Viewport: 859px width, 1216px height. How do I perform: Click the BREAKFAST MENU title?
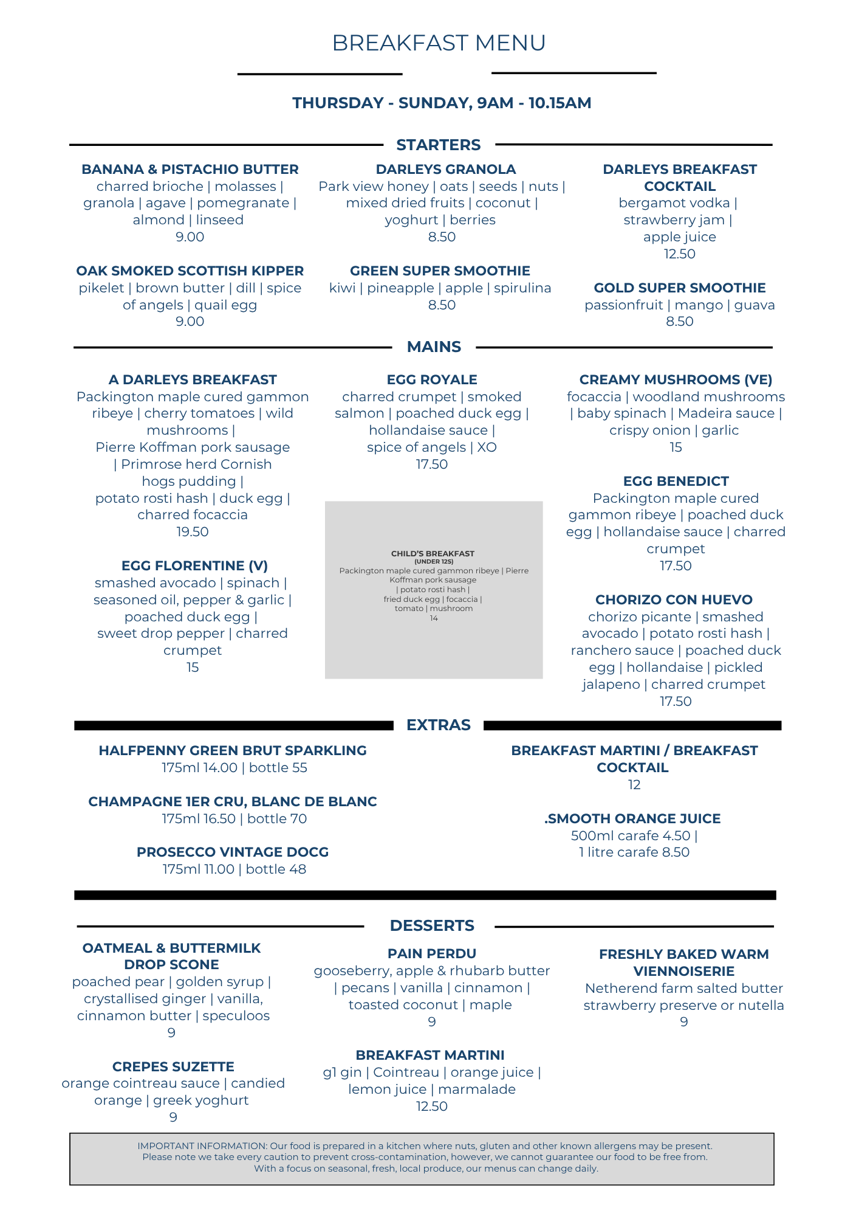pyautogui.click(x=438, y=43)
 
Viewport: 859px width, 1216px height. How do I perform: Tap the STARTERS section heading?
pyautogui.click(x=438, y=145)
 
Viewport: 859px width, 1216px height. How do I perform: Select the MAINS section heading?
pyautogui.click(x=434, y=347)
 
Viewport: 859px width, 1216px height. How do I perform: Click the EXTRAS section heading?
pyautogui.click(x=438, y=725)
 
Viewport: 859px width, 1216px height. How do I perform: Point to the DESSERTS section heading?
pyautogui.click(x=432, y=925)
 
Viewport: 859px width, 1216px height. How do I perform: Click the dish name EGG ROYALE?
pyautogui.click(x=432, y=379)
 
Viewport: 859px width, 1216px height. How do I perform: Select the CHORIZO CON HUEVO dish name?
pyautogui.click(x=674, y=599)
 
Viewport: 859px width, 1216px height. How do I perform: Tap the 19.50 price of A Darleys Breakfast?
pyautogui.click(x=193, y=531)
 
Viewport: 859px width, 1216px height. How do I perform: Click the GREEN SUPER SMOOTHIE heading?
pyautogui.click(x=440, y=271)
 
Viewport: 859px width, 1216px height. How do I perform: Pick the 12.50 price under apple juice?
pyautogui.click(x=679, y=254)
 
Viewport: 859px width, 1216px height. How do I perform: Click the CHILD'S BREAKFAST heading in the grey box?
pyautogui.click(x=433, y=553)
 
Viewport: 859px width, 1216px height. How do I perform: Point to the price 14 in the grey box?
pyautogui.click(x=434, y=618)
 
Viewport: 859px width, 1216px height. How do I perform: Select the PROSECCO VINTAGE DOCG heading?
pyautogui.click(x=233, y=852)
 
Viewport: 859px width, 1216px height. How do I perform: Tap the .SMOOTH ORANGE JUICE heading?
pyautogui.click(x=632, y=818)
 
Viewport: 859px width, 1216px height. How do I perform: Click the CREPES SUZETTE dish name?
pyautogui.click(x=173, y=1066)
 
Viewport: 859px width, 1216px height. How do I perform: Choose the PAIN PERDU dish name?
pyautogui.click(x=432, y=953)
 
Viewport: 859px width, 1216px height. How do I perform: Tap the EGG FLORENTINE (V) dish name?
pyautogui.click(x=194, y=565)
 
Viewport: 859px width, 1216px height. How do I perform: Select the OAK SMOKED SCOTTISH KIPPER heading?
pyautogui.click(x=190, y=271)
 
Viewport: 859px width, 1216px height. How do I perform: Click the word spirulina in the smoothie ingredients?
pyautogui.click(x=522, y=288)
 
